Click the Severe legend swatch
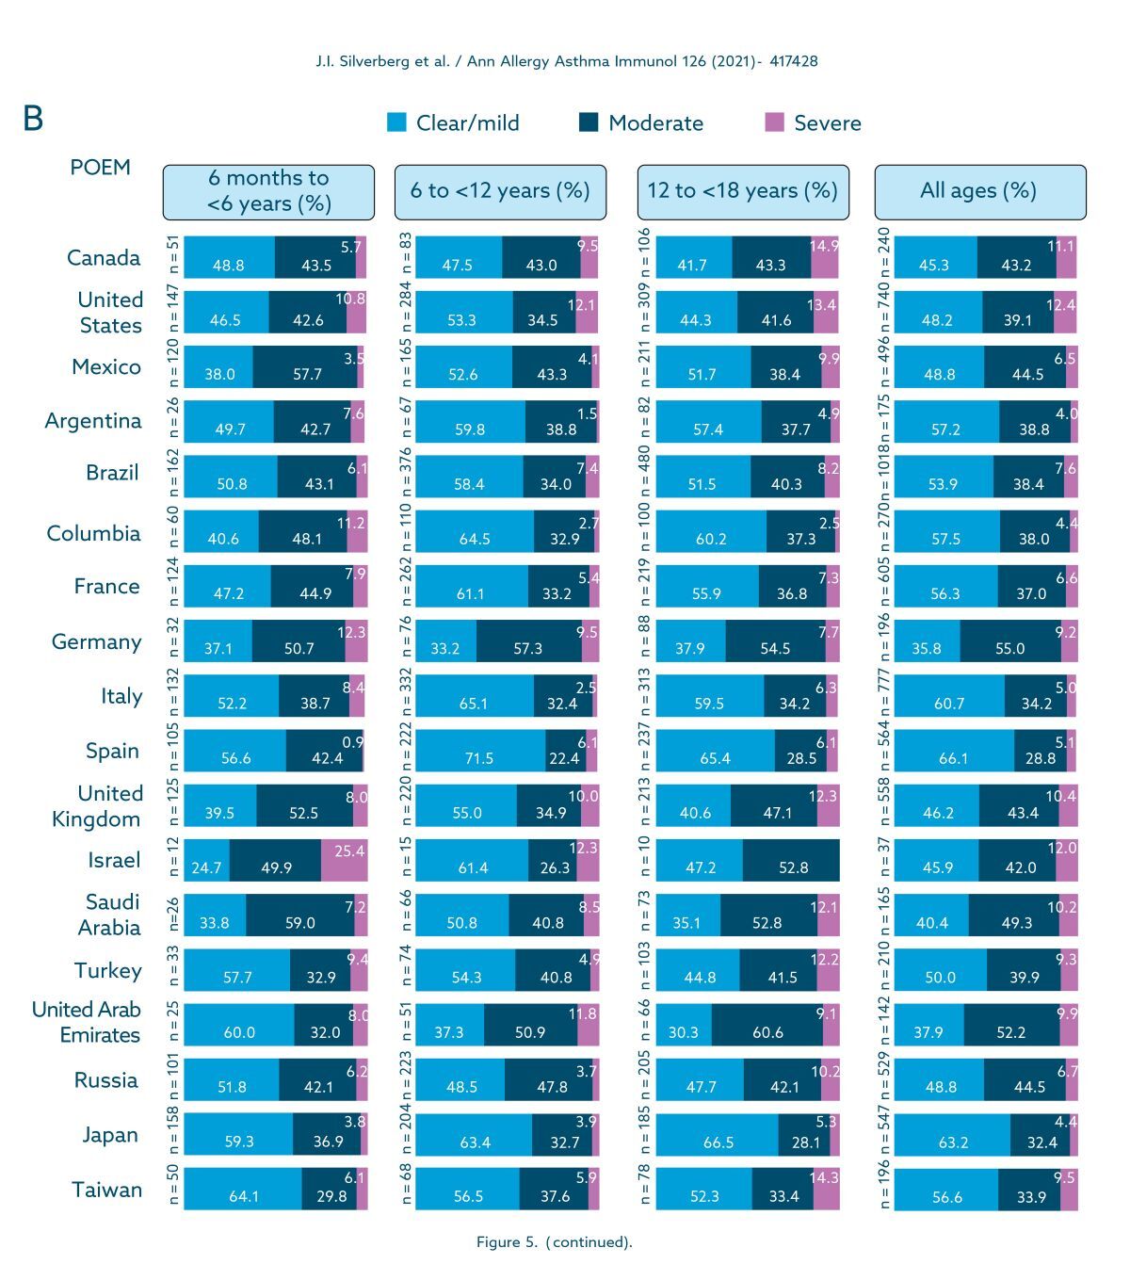[774, 122]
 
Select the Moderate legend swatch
[589, 122]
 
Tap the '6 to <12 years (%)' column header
[500, 191]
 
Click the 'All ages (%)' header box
[979, 191]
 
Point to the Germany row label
[96, 641]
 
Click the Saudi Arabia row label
[109, 915]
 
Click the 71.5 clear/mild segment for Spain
[480, 751]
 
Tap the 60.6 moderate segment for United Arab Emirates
[767, 1024]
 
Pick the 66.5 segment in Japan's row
[718, 1134]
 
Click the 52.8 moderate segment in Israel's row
[791, 860]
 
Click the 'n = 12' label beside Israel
[173, 860]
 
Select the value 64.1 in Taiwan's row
[243, 1189]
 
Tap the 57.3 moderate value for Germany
[528, 641]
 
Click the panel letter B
[33, 119]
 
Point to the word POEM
[100, 168]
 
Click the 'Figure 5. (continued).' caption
[554, 1242]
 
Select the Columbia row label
[93, 533]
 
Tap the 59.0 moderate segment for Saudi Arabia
[299, 915]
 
